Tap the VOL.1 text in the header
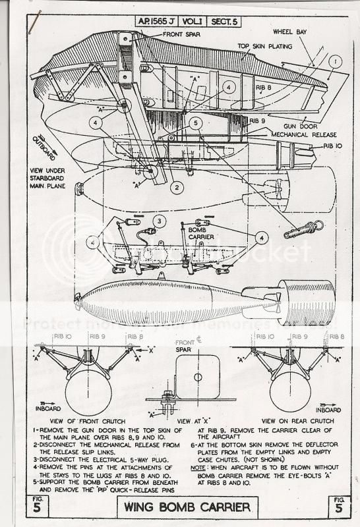197,21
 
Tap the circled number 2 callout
176,186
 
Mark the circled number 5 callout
196,122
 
